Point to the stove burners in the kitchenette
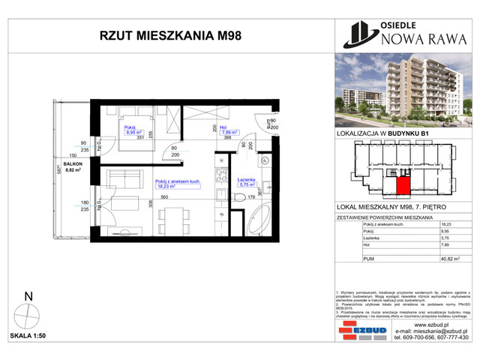click(x=221, y=175)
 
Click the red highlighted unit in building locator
click(x=404, y=184)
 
